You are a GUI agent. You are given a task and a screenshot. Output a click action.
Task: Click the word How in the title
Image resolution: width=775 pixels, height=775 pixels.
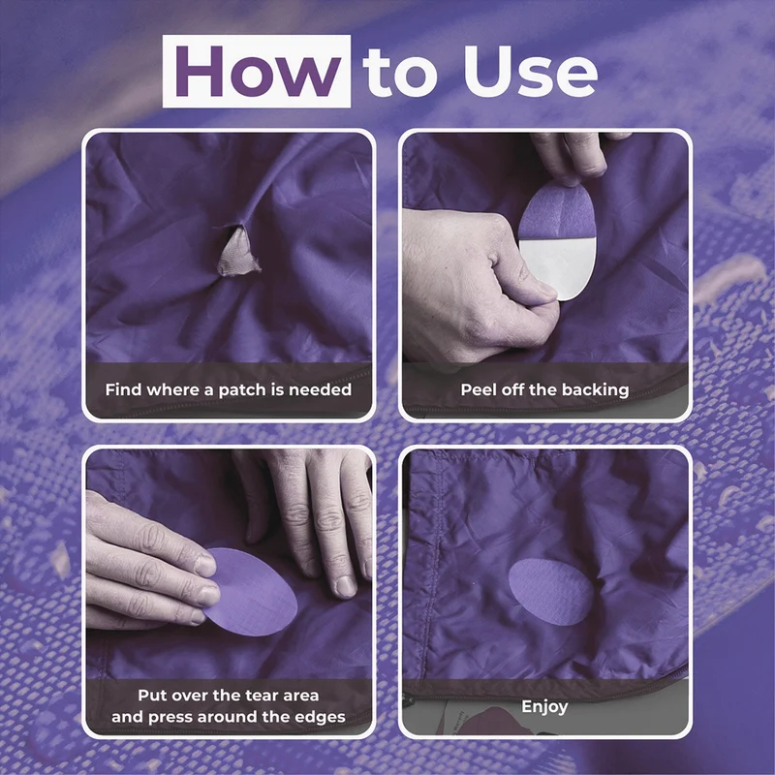[258, 71]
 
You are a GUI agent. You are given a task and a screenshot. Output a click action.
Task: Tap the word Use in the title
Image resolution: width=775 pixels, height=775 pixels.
[530, 71]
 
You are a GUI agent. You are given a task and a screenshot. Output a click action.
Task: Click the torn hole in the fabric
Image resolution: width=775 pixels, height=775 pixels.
[237, 250]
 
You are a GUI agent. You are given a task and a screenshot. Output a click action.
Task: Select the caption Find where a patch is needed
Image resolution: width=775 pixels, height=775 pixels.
[229, 390]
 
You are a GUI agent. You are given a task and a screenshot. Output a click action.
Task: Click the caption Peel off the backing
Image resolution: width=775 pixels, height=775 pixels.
[544, 390]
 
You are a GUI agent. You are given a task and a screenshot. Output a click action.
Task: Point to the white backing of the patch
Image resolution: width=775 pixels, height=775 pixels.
[559, 267]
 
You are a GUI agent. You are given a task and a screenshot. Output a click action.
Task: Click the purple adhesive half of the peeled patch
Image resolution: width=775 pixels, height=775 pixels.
[558, 210]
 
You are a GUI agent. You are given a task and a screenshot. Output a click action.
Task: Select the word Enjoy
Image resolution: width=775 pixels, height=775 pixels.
[544, 707]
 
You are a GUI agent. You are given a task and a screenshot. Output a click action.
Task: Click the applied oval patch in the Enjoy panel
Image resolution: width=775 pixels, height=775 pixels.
[551, 592]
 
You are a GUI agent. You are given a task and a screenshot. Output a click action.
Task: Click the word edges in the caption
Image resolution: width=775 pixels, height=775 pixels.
[322, 717]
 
